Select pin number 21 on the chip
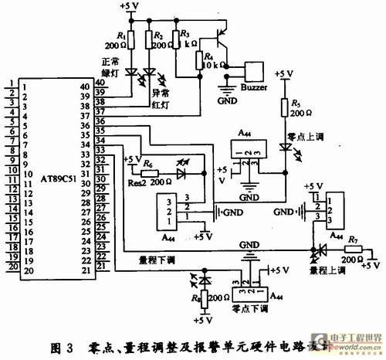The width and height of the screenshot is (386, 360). (96, 272)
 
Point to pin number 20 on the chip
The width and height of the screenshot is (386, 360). (27, 272)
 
